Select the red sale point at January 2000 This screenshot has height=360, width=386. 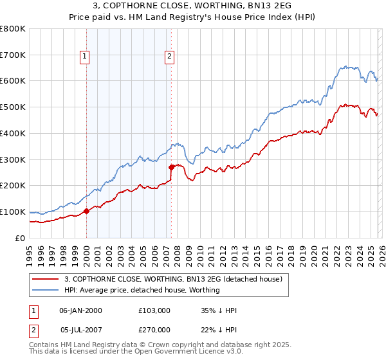tap(86, 211)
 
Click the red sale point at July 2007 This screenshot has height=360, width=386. tap(171, 167)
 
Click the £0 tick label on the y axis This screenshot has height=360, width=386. tap(20, 238)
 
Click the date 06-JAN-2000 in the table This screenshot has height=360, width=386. tap(80, 310)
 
